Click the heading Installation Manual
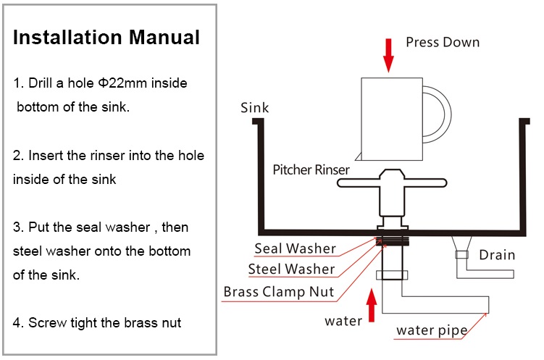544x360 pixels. tap(106, 38)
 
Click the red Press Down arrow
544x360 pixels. tap(388, 56)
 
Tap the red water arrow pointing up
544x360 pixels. tap(372, 306)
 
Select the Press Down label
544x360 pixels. tap(443, 42)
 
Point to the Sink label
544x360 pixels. tap(255, 107)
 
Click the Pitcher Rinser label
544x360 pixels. tap(311, 169)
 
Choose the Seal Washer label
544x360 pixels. tap(296, 248)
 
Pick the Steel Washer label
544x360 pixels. tap(291, 269)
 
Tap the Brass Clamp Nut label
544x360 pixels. tap(279, 292)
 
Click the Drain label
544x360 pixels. tap(497, 255)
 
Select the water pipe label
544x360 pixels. tap(432, 330)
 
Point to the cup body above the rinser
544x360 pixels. tap(392, 119)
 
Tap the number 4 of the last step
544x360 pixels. tap(17, 323)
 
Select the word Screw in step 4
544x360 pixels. tap(48, 323)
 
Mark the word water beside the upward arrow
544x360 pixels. tap(343, 321)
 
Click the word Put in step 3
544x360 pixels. tap(39, 227)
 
